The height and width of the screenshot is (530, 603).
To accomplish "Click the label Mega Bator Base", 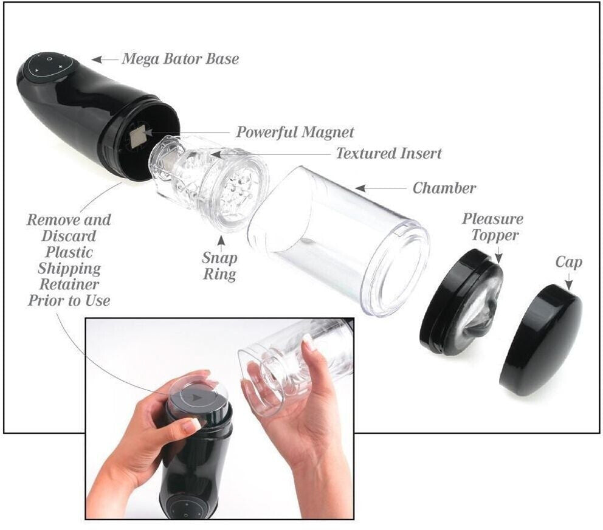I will coord(180,59).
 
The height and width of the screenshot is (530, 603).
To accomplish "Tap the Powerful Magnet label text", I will coord(295,132).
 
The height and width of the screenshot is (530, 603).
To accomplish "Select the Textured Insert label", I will coord(389,154).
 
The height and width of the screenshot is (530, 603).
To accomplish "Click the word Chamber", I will coord(444,188).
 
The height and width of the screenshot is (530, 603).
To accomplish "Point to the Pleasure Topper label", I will coord(492,227).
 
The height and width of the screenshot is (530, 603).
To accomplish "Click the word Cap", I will coord(568,263).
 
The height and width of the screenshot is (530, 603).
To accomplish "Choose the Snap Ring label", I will coord(219,266).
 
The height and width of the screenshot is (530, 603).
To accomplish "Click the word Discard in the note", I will coord(69,236).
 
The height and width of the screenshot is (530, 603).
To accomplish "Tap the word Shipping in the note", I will coord(69,268).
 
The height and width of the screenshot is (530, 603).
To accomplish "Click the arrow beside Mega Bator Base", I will coord(105,60).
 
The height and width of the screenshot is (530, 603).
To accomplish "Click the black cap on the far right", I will coord(540,339).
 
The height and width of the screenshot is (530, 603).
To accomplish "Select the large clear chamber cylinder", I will coord(340,237).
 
